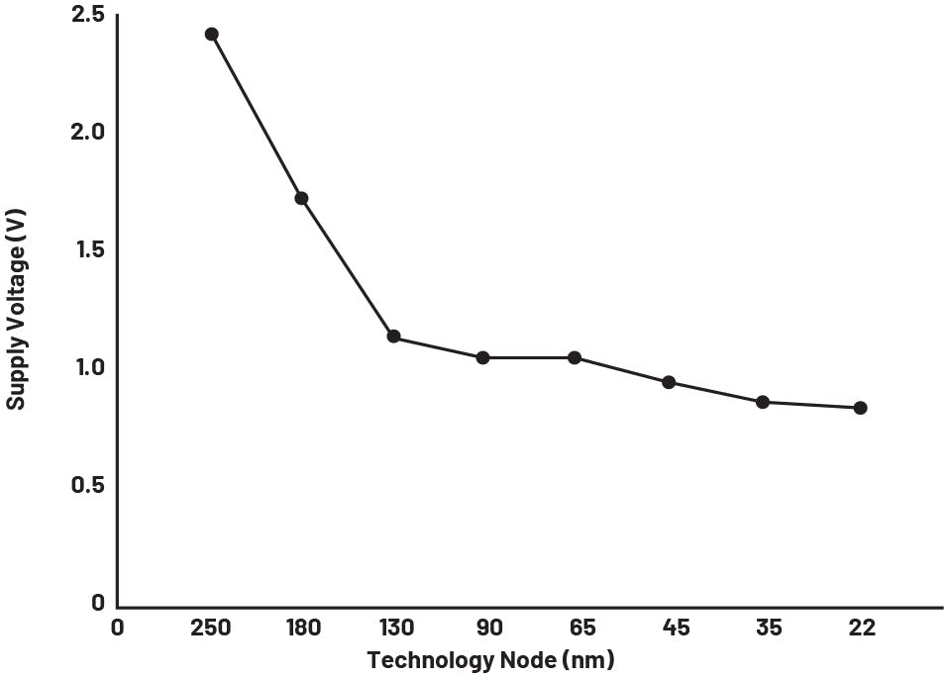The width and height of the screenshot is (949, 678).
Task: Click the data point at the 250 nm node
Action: coord(211,35)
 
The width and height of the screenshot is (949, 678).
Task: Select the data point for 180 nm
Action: coord(301,199)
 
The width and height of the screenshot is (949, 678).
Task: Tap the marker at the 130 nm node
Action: coord(393,337)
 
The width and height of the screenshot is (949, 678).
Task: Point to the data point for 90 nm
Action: coord(482,357)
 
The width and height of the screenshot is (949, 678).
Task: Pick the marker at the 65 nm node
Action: coord(575,357)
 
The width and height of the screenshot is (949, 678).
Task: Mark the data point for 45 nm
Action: coord(669,382)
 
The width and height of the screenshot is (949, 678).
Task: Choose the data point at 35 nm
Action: coord(763,402)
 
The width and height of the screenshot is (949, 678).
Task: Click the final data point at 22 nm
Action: coord(860,408)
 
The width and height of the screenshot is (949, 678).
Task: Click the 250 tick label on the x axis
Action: coord(211,629)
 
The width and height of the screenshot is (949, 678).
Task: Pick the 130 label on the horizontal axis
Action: coord(396,629)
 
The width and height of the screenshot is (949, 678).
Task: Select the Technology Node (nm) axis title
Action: coord(489,660)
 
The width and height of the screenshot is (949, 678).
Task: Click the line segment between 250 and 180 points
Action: coord(256,117)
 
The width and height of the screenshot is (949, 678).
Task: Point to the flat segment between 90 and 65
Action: coord(528,357)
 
